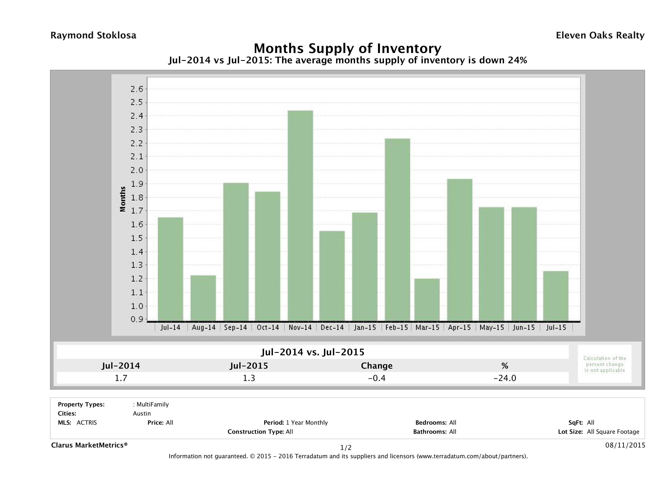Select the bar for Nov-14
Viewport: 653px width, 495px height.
pyautogui.click(x=300, y=216)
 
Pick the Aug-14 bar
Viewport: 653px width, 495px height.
pyautogui.click(x=203, y=298)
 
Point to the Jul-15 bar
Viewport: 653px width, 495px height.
pyautogui.click(x=556, y=296)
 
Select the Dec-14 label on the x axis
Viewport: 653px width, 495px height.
pyautogui.click(x=332, y=327)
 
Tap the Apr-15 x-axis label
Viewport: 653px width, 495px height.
pyautogui.click(x=459, y=327)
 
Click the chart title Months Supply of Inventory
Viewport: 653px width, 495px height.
pyautogui.click(x=347, y=48)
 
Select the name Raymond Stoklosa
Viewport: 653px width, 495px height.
pyautogui.click(x=93, y=35)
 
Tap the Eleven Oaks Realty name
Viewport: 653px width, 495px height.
pyautogui.click(x=600, y=35)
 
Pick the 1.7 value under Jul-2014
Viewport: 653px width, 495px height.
pyautogui.click(x=121, y=378)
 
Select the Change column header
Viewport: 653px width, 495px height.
pyautogui.click(x=377, y=366)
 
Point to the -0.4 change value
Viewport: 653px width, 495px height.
pyautogui.click(x=377, y=378)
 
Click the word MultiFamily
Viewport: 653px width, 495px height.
pyautogui.click(x=153, y=404)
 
